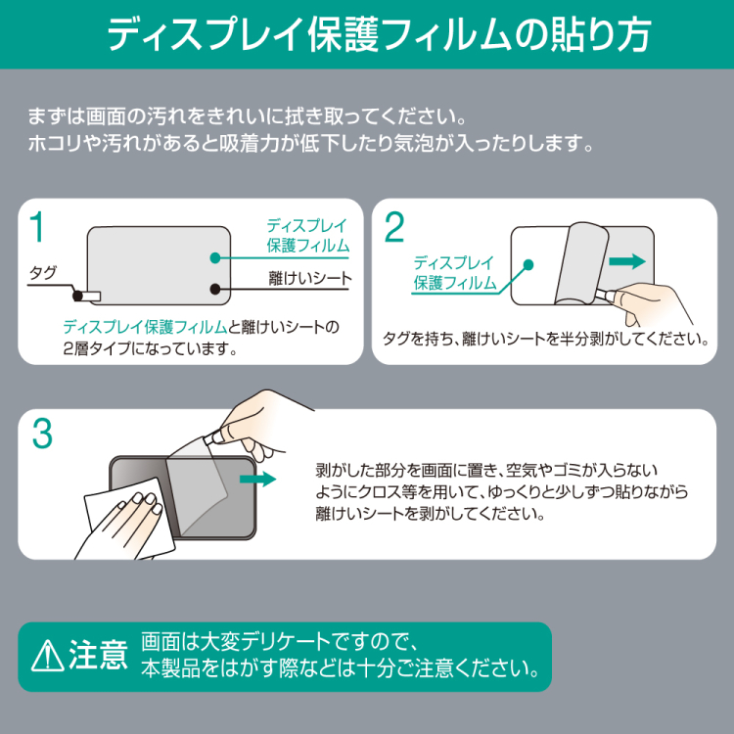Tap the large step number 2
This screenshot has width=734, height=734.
393,228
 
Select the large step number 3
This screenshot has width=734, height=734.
41,436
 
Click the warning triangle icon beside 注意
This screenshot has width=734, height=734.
45,657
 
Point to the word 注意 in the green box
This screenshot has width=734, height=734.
98,657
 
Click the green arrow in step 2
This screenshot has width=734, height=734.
626,261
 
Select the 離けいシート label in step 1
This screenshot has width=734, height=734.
309,279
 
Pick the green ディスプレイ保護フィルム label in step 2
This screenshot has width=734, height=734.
454,272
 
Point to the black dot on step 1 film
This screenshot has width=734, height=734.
216,289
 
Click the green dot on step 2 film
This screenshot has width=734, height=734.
528,263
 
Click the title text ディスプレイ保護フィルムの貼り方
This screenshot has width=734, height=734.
366,34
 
